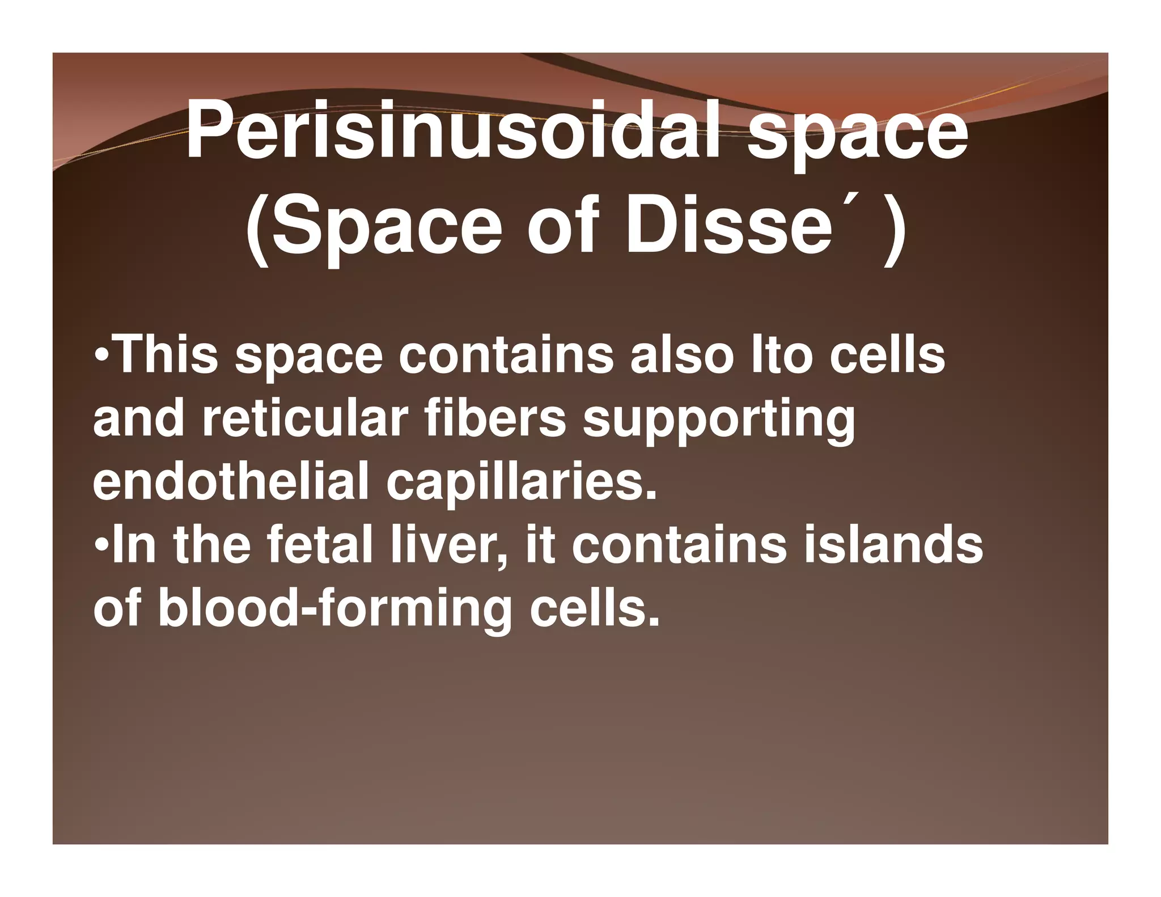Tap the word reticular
coord(304,419)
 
